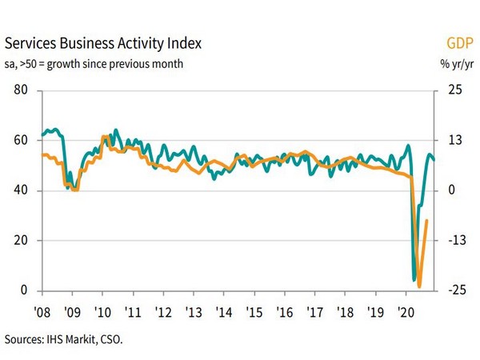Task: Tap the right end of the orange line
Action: click(426, 220)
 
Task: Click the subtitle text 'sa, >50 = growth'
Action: click(60, 63)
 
